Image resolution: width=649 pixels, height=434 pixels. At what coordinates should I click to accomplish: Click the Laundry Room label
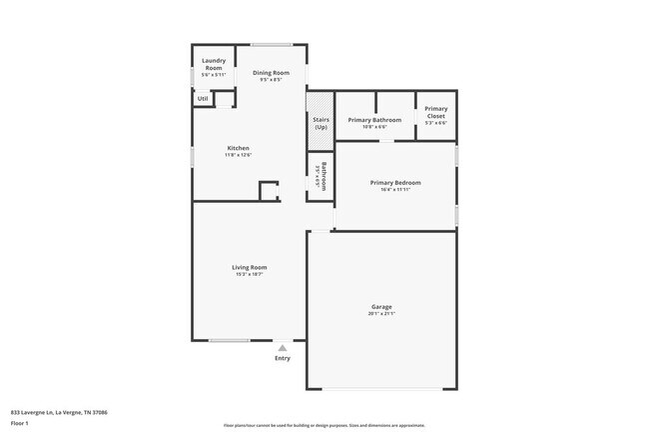(214, 64)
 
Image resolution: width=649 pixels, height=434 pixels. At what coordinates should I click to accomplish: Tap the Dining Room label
(271, 73)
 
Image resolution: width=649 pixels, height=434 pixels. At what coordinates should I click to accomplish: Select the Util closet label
(203, 99)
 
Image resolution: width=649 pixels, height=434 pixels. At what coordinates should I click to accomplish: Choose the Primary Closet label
(435, 112)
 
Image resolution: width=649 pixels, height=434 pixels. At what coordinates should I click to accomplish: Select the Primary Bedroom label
(395, 183)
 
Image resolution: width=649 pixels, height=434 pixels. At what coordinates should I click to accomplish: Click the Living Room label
(250, 267)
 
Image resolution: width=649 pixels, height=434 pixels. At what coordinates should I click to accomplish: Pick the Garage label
(381, 308)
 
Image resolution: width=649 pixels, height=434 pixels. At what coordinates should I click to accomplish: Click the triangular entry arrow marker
(283, 348)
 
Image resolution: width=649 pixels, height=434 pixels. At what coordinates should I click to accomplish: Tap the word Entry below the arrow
(283, 359)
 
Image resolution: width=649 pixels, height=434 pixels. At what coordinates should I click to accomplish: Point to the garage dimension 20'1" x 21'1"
(381, 315)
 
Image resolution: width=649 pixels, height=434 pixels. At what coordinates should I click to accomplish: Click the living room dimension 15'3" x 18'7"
(250, 274)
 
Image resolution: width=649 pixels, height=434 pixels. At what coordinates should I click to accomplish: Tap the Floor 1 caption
(20, 423)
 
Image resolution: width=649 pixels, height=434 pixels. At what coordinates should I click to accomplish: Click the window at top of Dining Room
(272, 44)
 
